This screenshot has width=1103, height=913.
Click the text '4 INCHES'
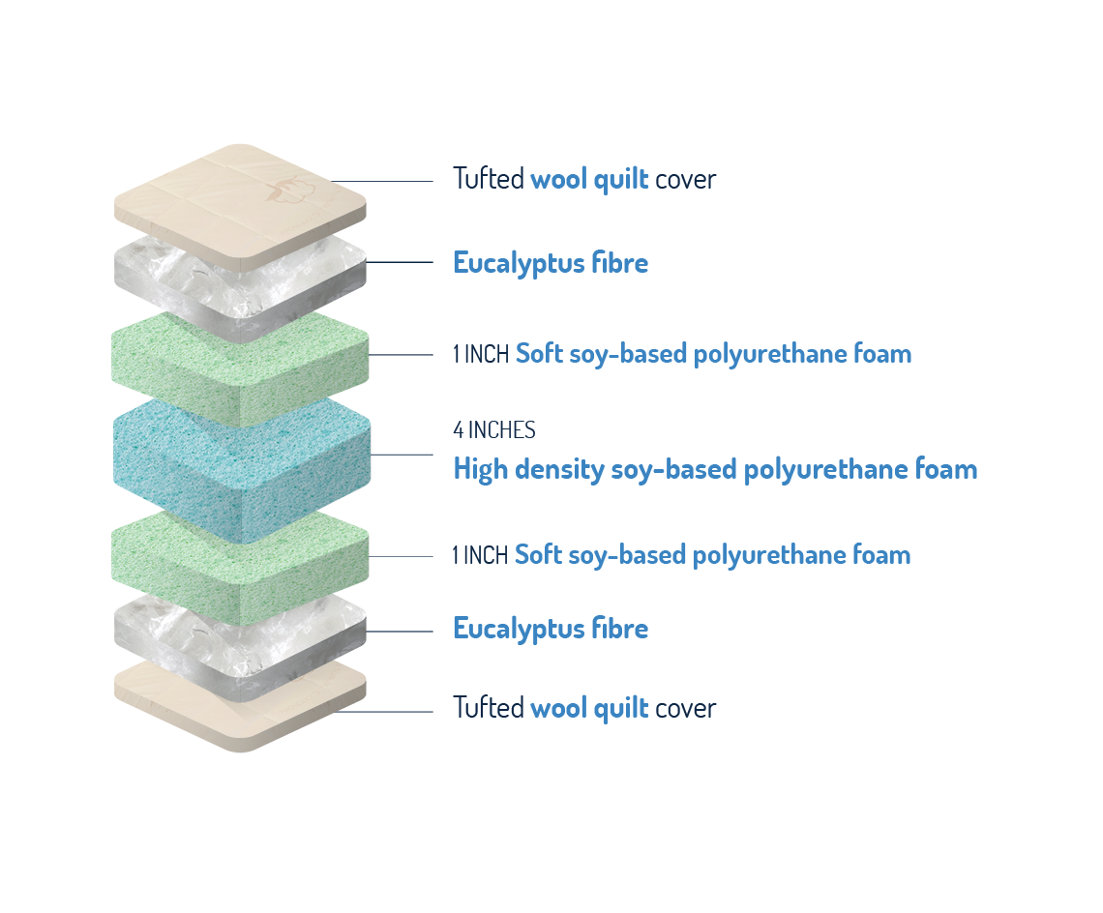(493, 429)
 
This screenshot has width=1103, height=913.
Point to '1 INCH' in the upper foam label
(481, 354)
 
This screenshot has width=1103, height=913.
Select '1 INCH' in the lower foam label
(481, 555)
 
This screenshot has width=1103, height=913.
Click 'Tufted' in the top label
(489, 179)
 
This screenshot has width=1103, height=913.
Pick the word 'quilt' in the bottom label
(621, 709)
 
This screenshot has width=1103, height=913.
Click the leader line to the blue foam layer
(402, 456)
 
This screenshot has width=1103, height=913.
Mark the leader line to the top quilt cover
(382, 182)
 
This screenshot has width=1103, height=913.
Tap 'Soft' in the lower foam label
(538, 555)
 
